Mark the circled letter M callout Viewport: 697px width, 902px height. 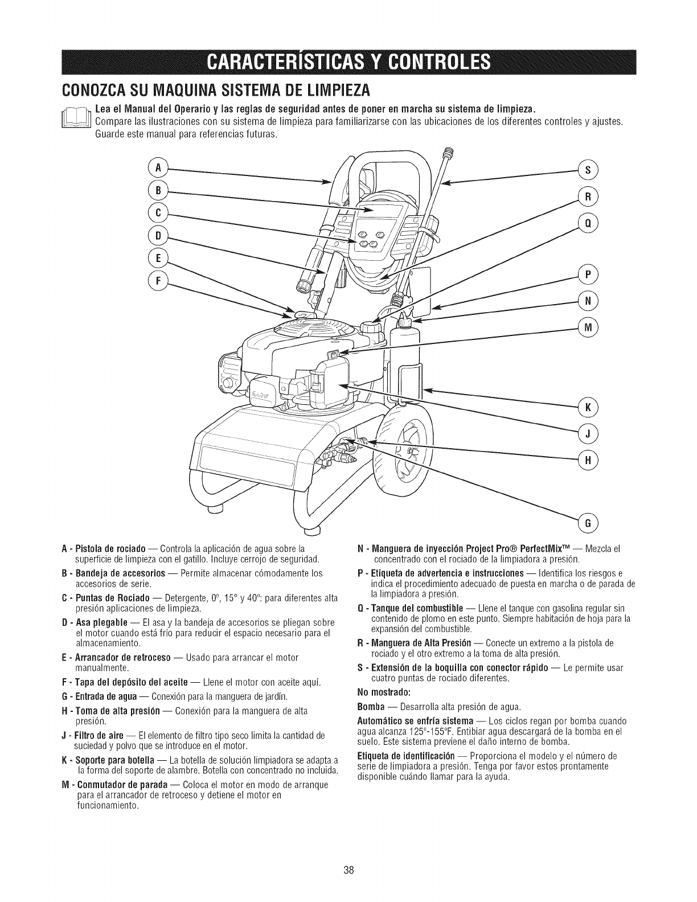pos(586,327)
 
